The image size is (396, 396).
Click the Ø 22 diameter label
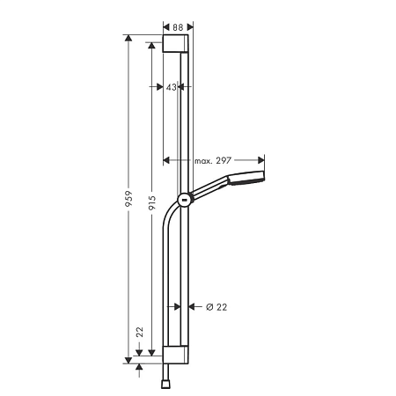[216, 307]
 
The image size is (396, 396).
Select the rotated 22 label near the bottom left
[139, 333]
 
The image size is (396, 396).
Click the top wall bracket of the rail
[176, 45]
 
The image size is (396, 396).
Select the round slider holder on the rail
[184, 200]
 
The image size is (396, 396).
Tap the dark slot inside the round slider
[183, 201]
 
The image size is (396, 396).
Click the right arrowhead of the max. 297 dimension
[260, 161]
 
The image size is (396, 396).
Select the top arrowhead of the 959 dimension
[128, 40]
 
